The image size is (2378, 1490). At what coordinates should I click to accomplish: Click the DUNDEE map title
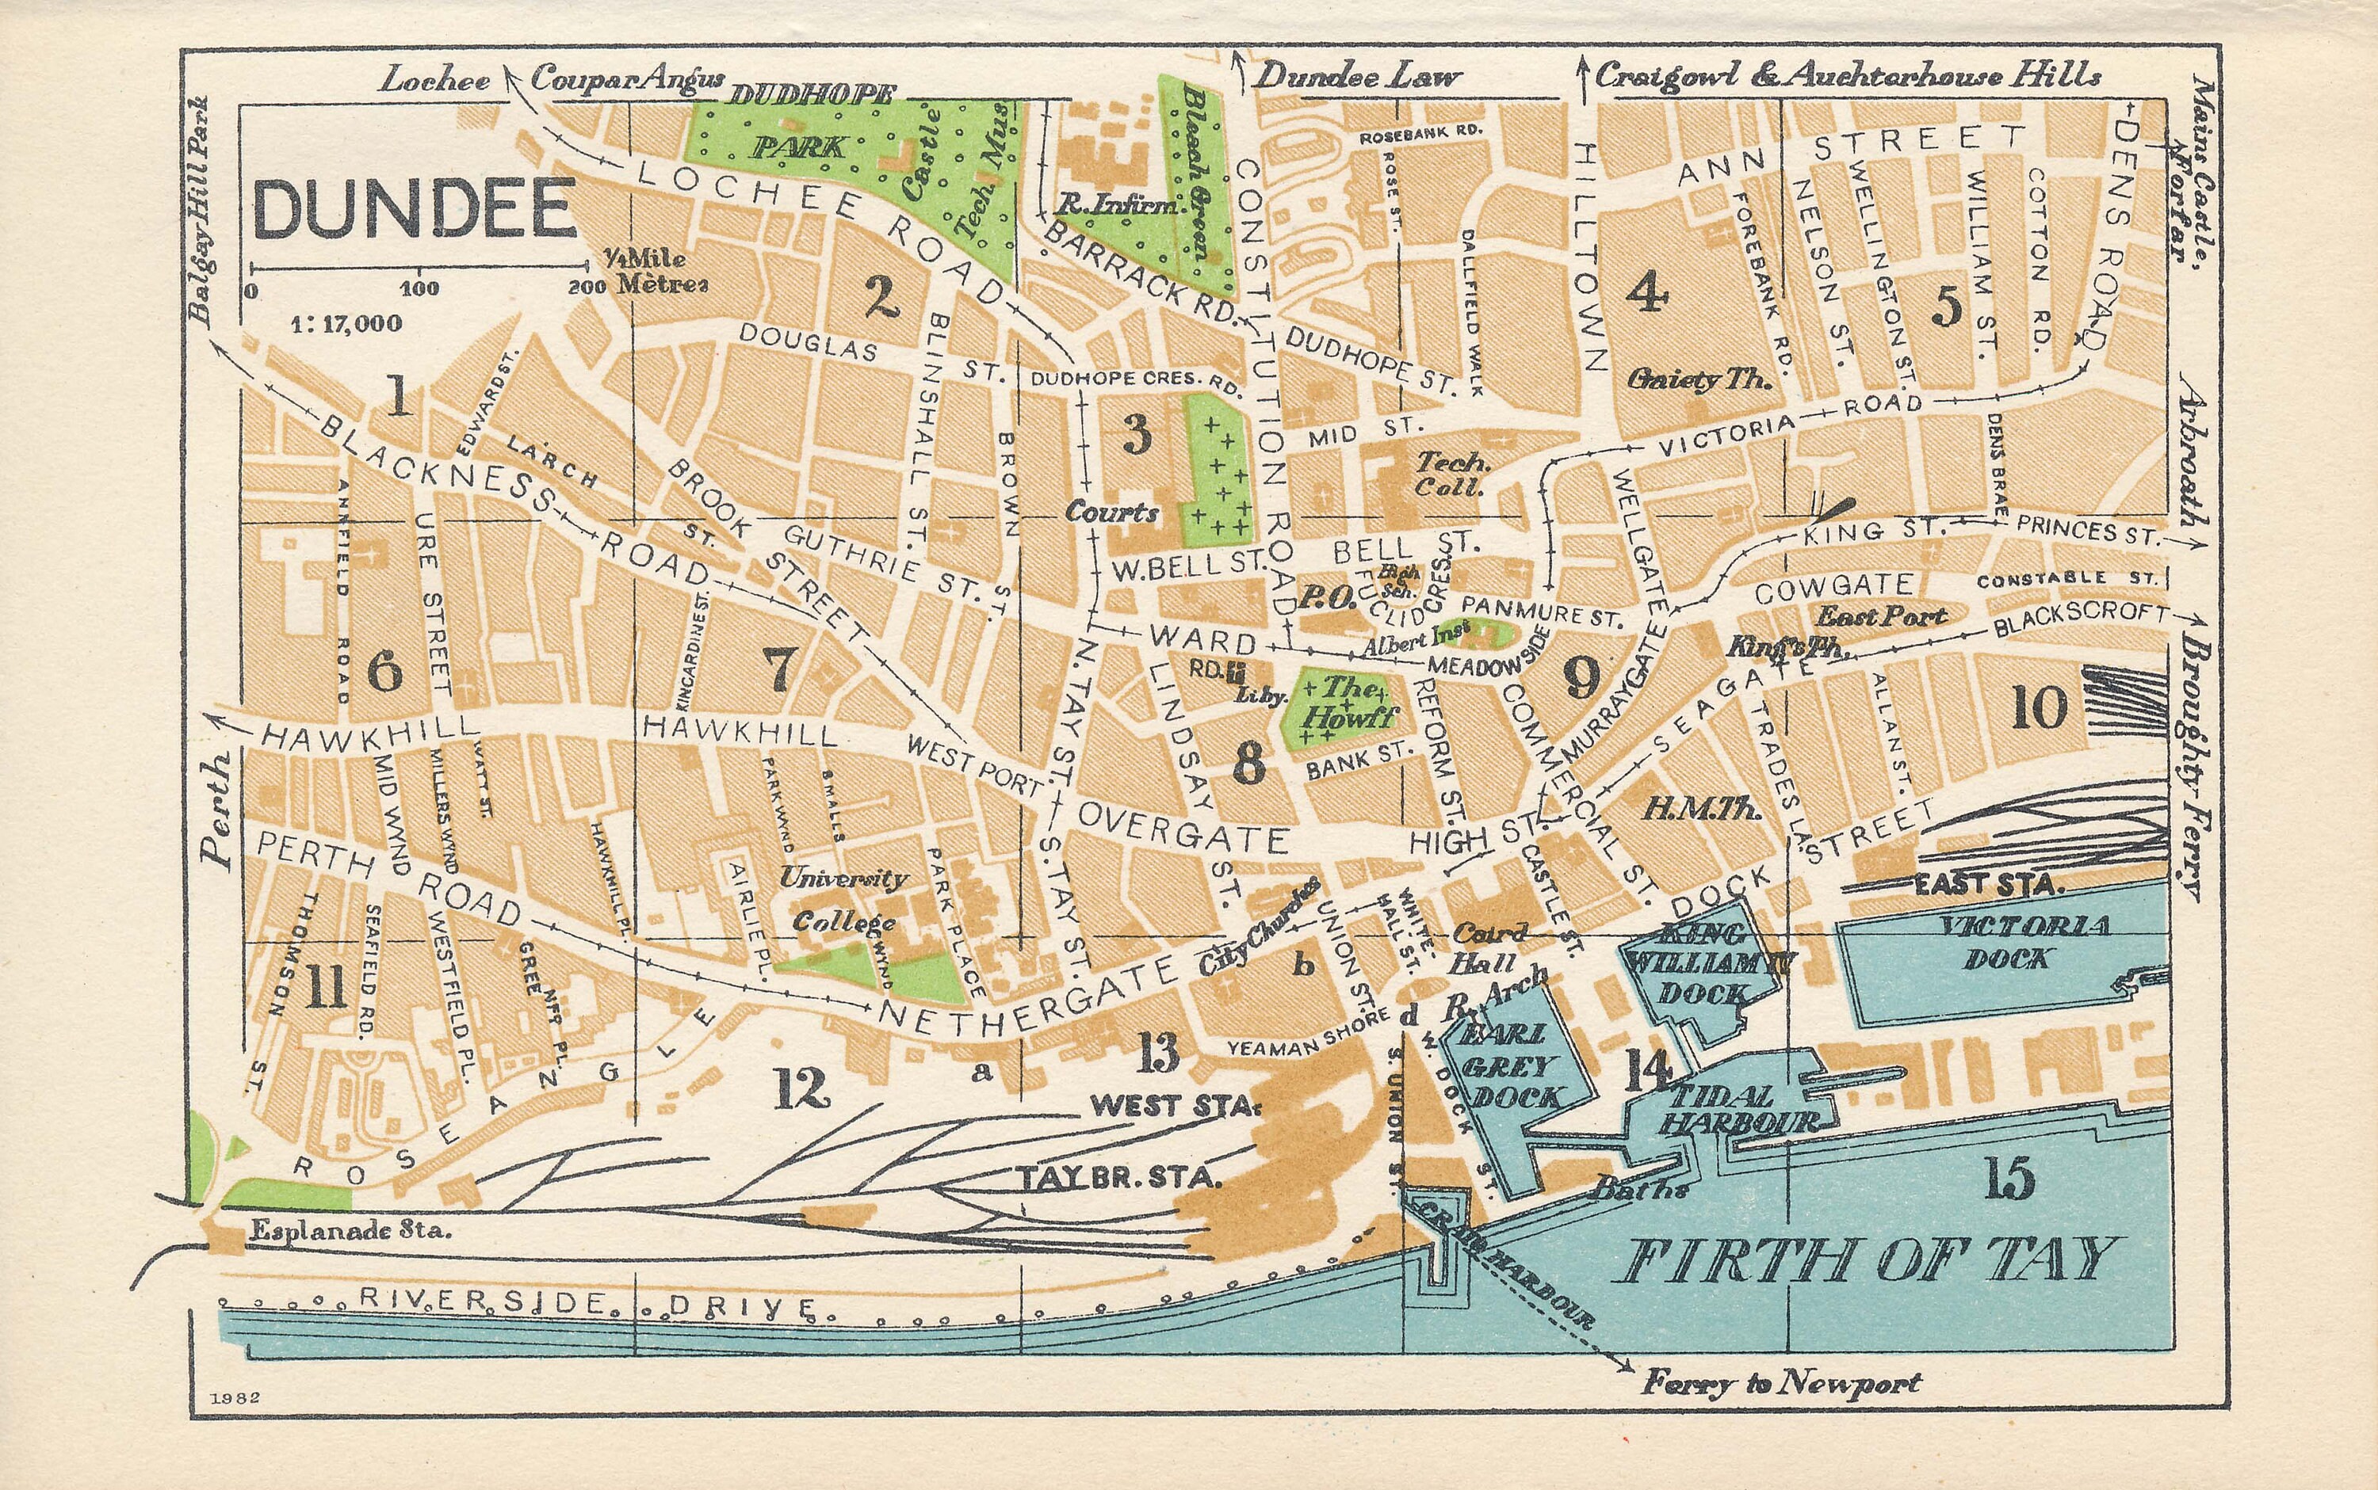[x=414, y=209]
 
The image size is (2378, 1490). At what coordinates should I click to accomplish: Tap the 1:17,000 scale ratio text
[x=346, y=323]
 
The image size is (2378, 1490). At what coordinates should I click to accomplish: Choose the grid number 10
[x=2039, y=707]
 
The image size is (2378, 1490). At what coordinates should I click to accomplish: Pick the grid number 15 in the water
[x=2011, y=1179]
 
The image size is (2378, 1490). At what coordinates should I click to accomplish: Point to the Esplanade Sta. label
[x=351, y=1230]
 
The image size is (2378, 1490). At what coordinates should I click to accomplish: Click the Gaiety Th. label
[x=1699, y=379]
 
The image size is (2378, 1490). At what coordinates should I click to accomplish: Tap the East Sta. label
[x=1987, y=885]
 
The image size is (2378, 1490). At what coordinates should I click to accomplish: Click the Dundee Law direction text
[x=1356, y=77]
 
